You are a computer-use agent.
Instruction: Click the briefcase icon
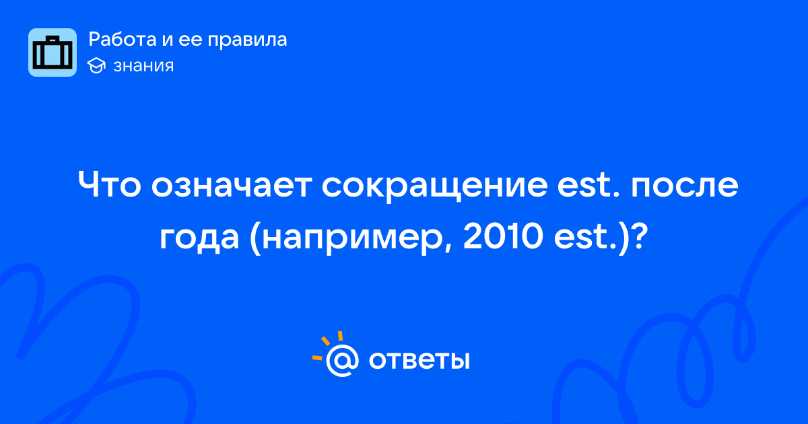(x=53, y=52)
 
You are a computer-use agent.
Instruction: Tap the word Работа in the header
(x=123, y=39)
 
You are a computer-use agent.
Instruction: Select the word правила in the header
(x=247, y=40)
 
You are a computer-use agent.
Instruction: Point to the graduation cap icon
(x=96, y=65)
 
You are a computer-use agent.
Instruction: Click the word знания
(x=143, y=66)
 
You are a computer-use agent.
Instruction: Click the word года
(x=199, y=239)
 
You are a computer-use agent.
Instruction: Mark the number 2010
(x=503, y=236)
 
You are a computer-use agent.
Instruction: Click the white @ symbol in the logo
(x=342, y=360)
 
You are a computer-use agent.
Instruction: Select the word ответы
(x=419, y=361)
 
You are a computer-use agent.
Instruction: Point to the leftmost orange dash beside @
(x=317, y=357)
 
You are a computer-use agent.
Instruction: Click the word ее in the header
(x=190, y=40)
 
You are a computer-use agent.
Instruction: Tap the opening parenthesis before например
(x=255, y=239)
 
